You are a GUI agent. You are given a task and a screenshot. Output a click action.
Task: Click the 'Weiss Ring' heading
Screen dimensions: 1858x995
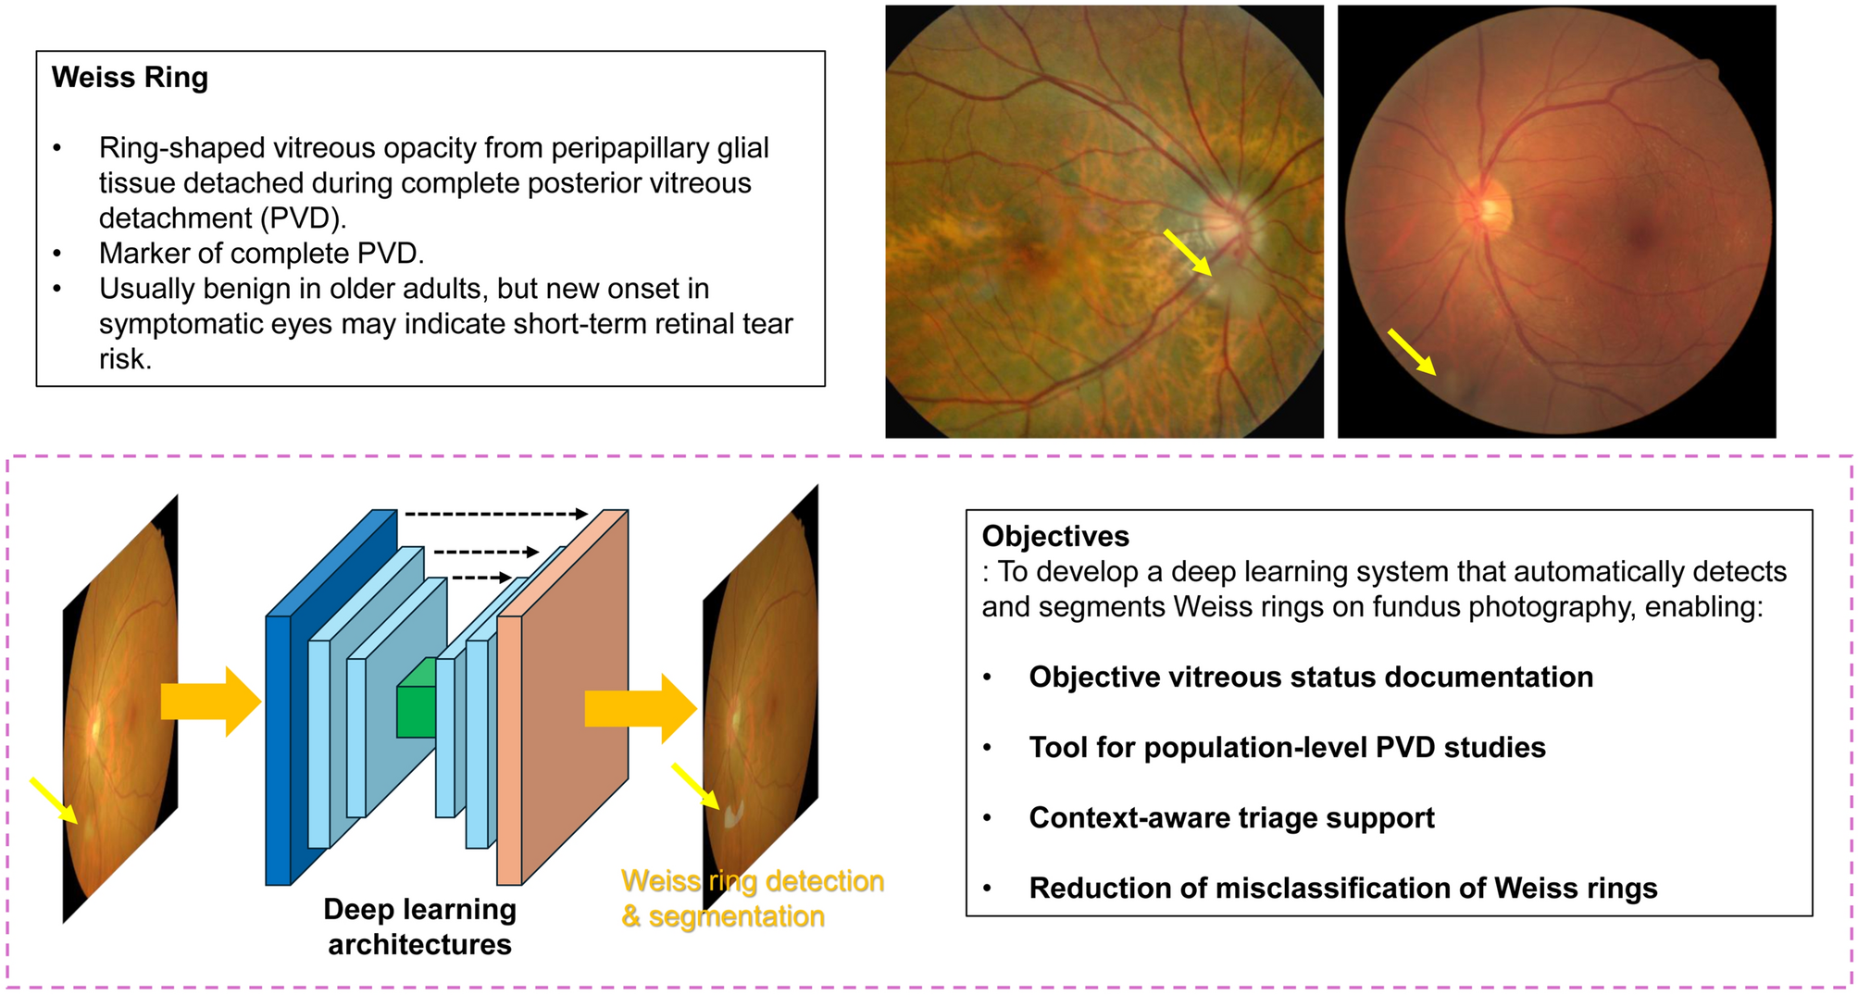click(130, 78)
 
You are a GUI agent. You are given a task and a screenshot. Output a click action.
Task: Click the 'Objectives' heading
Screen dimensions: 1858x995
click(1055, 537)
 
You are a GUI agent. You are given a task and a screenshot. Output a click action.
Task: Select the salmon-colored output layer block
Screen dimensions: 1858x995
click(563, 697)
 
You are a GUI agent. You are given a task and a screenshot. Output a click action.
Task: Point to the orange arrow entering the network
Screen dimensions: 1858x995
click(211, 702)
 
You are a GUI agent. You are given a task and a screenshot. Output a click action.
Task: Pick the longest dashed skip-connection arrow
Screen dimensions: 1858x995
click(496, 514)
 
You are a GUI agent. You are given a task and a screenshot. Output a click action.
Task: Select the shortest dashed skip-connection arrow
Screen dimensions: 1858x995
click(482, 578)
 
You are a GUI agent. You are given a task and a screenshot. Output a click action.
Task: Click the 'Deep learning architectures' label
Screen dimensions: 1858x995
click(420, 927)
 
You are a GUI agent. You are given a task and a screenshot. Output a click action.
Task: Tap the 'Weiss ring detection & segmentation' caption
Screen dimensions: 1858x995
click(753, 898)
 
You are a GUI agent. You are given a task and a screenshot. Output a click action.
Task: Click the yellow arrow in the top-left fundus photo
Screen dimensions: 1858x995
click(1187, 253)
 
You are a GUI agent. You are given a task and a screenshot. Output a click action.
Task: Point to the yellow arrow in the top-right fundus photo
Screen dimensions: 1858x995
click(1412, 352)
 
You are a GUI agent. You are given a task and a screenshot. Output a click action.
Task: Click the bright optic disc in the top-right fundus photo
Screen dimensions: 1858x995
click(1490, 209)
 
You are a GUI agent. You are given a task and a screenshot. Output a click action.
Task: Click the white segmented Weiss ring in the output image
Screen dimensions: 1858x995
click(733, 815)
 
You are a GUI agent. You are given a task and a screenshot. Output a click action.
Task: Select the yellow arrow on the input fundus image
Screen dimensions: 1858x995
click(54, 800)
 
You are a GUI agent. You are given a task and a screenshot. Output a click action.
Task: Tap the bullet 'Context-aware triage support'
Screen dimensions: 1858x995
click(1231, 818)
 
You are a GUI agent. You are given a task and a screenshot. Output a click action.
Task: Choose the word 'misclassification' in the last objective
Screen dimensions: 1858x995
click(1326, 889)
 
